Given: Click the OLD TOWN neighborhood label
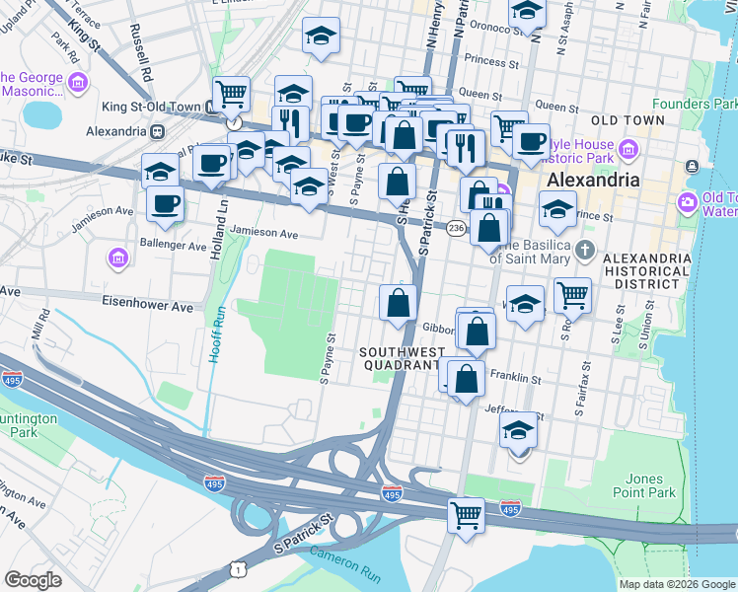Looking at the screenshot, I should [627, 119].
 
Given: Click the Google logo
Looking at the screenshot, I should [33, 580].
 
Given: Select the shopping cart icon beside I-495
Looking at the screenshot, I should [466, 513].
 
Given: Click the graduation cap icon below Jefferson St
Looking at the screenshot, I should [519, 430].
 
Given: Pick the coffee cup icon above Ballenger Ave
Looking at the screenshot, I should [166, 203].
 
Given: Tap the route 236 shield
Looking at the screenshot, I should [455, 229].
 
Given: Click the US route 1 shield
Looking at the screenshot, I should [236, 569].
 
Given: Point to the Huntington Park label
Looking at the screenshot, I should [30, 424].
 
